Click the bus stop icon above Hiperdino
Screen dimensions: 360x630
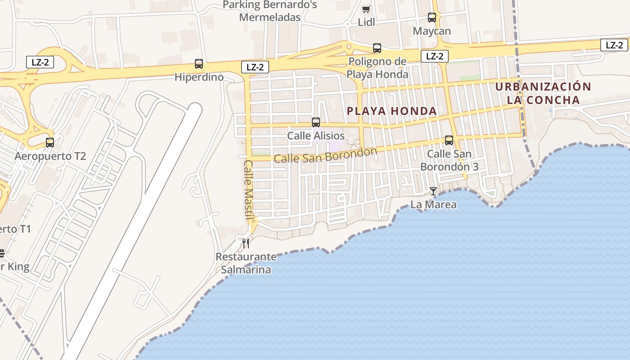pos(198,64)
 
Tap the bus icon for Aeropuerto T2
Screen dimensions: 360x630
pos(50,143)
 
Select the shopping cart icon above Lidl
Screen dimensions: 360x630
pos(366,9)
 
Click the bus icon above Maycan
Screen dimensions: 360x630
pos(432,18)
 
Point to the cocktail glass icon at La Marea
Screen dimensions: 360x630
pos(433,191)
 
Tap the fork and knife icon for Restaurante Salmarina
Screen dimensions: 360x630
pos(246,243)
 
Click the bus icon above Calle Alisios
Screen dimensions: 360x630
pos(316,122)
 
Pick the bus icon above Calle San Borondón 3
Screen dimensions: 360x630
pos(449,140)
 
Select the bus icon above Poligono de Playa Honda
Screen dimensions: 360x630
pos(377,48)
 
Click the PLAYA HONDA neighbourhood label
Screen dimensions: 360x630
pos(392,111)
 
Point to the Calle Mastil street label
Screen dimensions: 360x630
pos(249,189)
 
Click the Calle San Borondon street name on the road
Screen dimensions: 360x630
pos(325,155)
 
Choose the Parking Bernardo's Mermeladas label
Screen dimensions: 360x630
pos(270,11)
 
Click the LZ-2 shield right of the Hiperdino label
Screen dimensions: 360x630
pos(255,67)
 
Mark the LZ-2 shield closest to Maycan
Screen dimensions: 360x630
pos(435,56)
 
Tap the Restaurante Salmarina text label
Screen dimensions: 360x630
pos(246,263)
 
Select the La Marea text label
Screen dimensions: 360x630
pos(433,205)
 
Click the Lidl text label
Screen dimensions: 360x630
pos(366,22)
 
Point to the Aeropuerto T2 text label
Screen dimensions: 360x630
pos(50,156)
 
